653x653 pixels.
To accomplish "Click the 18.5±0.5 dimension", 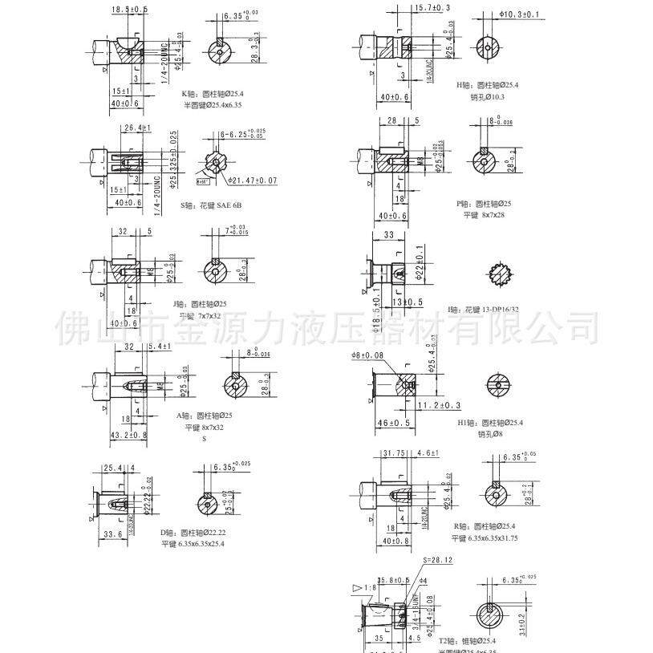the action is tap(129, 9).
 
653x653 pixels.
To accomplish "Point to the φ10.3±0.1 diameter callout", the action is tap(520, 14).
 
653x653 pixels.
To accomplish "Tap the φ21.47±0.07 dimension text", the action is tap(251, 181).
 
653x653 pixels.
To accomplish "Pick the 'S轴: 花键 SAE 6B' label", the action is tap(212, 205).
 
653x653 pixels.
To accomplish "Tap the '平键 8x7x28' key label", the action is tap(479, 215).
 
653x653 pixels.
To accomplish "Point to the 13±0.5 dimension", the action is tap(408, 302).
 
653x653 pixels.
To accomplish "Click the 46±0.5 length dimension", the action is tap(394, 423).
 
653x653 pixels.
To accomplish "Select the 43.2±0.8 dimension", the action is tap(128, 436).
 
